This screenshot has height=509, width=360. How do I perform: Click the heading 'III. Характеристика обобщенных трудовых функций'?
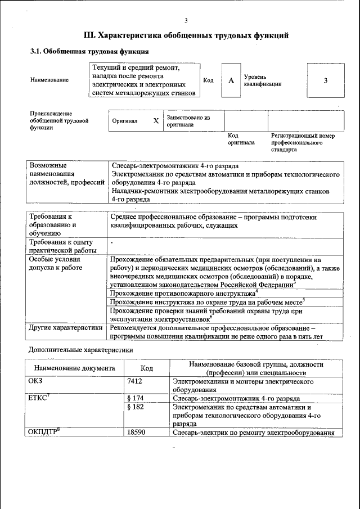click(x=186, y=35)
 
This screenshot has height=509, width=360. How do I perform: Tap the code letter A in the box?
click(x=231, y=80)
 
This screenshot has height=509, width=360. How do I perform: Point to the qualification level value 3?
click(x=325, y=80)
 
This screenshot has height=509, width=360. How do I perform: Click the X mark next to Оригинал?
click(x=156, y=121)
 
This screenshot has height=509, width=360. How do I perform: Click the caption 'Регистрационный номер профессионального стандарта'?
click(x=302, y=143)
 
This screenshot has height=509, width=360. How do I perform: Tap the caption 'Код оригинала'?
click(x=241, y=139)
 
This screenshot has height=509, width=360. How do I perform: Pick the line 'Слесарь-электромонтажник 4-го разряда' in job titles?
click(x=175, y=166)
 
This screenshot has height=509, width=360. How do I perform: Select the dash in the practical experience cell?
click(x=112, y=242)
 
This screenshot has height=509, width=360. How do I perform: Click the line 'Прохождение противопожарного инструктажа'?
click(x=182, y=294)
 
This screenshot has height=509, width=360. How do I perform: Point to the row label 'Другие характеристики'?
click(x=65, y=327)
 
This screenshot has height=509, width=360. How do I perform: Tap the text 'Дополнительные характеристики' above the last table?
click(x=80, y=350)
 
